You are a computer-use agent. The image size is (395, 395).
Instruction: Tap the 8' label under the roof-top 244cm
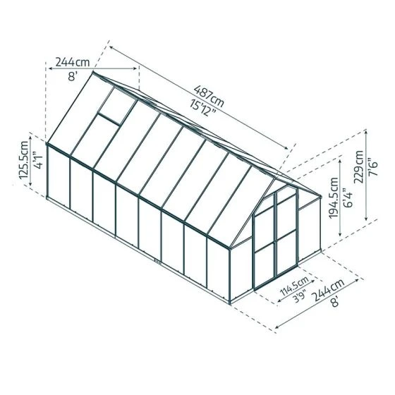[71, 78]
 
